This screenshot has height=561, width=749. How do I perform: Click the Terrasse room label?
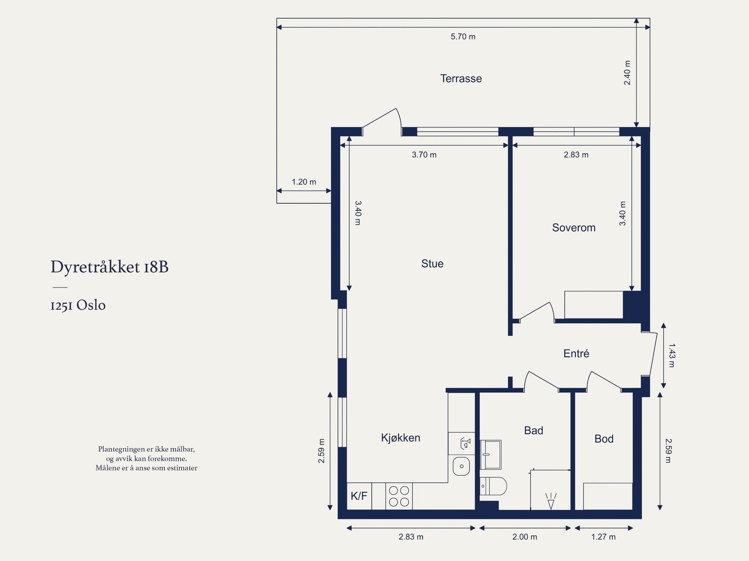461,79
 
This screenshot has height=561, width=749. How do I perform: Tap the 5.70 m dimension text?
463,37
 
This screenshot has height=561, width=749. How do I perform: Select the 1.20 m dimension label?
304,182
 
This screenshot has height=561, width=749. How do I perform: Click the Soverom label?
573,228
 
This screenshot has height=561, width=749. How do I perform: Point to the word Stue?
432,264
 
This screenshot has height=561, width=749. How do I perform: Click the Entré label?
576,354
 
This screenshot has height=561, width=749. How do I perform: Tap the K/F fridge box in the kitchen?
359,496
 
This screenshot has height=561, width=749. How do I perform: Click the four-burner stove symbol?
399,496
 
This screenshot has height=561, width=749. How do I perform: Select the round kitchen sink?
462,466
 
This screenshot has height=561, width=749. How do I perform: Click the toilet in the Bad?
494,486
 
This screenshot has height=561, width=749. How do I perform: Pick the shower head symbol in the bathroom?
551,501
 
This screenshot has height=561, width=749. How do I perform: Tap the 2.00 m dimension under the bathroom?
524,537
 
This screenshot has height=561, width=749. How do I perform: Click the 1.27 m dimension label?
603,537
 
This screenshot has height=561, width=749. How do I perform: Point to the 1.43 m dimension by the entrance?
671,355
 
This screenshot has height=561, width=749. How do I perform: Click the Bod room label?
603,439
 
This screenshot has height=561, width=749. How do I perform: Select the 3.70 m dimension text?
424,155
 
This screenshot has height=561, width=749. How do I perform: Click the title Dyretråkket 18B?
110,267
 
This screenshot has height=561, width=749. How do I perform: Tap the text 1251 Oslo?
78,305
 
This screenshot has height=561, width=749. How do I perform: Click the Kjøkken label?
400,438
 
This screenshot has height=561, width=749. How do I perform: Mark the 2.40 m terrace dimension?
627,73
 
